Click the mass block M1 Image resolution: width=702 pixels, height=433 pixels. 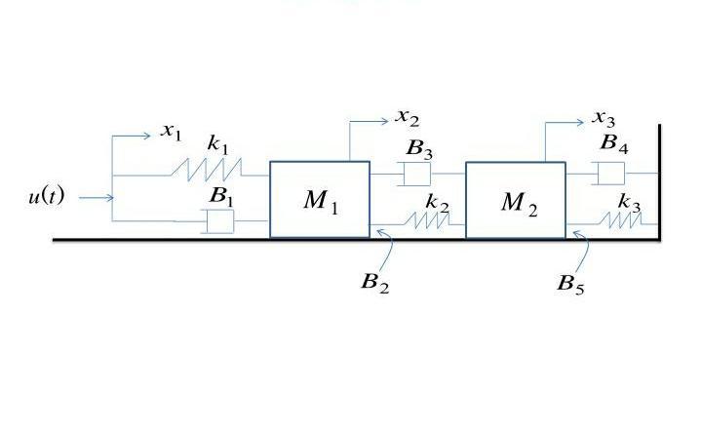(x=320, y=200)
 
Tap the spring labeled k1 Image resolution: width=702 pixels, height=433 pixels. (x=209, y=168)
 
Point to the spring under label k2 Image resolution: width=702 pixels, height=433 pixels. (x=430, y=220)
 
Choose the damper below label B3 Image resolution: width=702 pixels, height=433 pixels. (x=416, y=175)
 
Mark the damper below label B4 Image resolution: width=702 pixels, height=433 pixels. (x=610, y=175)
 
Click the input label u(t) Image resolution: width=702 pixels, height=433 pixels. (x=46, y=197)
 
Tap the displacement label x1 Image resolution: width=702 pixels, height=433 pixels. (x=172, y=132)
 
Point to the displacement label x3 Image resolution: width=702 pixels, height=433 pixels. (x=604, y=118)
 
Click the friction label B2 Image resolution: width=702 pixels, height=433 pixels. (x=374, y=283)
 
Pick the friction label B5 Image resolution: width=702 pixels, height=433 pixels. (x=570, y=284)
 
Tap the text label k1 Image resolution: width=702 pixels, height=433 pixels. (x=217, y=143)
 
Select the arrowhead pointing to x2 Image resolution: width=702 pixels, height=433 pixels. (x=386, y=121)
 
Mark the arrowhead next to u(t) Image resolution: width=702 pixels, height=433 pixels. (x=110, y=198)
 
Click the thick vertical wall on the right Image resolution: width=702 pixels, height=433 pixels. (x=660, y=180)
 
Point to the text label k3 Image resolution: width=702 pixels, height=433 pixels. (x=629, y=201)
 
